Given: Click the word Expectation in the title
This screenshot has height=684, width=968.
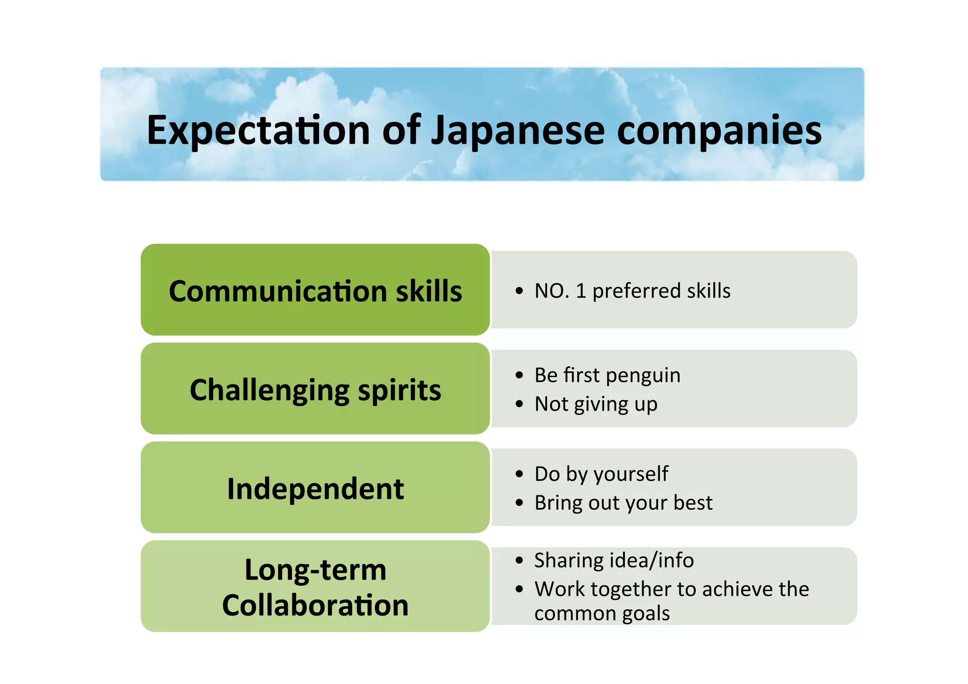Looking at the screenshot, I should (258, 130).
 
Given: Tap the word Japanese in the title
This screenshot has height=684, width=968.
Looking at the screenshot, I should (518, 130).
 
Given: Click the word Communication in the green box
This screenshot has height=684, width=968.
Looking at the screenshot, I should (279, 291).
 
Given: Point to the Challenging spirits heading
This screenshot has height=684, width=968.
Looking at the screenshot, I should (315, 390).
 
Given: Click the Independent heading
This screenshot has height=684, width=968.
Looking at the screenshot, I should (315, 489).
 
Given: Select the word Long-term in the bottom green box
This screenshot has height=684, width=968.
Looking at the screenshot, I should (315, 570).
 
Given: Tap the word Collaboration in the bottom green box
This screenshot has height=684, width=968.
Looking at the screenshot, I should (315, 606).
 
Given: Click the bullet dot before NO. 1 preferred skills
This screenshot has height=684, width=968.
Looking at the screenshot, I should (519, 291).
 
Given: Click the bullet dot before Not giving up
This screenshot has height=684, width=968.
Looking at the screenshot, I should (519, 405).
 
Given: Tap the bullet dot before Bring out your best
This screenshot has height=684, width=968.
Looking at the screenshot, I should (519, 503).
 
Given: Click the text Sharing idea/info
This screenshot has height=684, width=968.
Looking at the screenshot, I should (614, 561).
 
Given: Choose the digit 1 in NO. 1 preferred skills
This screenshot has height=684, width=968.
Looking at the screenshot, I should (581, 291).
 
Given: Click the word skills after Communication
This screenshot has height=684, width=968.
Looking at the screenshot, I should (429, 291).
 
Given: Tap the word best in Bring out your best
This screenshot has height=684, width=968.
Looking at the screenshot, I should (693, 503).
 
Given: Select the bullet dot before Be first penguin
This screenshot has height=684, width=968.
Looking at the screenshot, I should (519, 376).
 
